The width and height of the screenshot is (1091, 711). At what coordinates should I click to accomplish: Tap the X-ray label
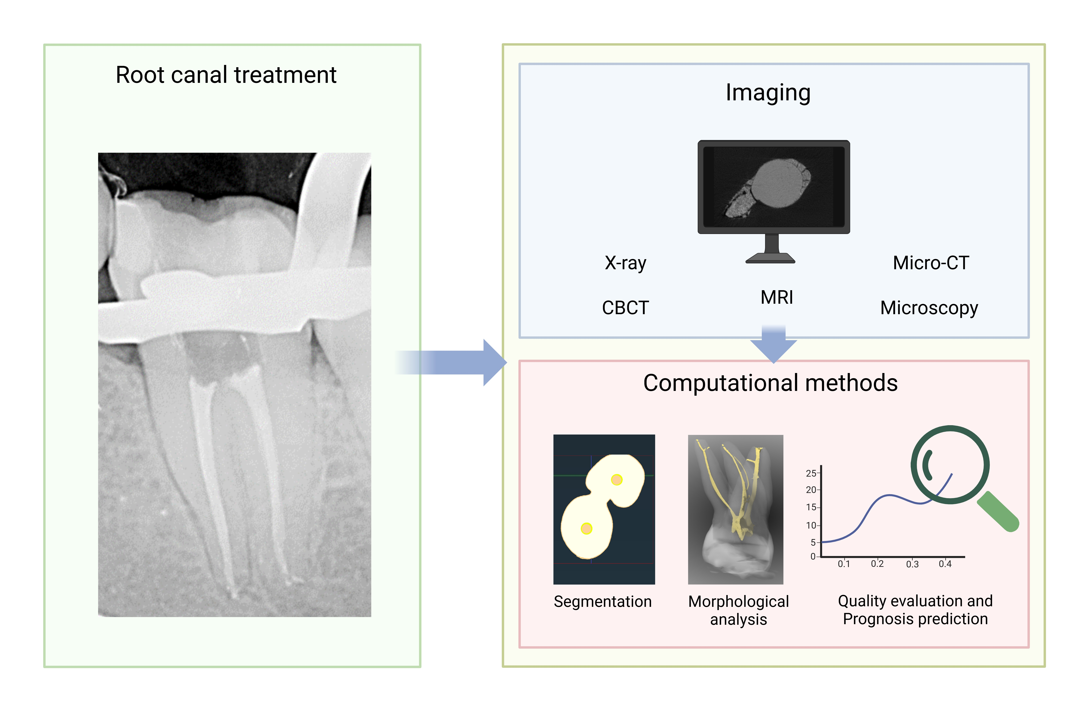point(625,263)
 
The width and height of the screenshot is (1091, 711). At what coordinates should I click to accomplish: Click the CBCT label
point(625,308)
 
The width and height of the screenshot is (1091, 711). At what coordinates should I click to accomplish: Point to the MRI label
point(777,297)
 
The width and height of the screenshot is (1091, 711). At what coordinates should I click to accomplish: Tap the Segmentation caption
point(602,602)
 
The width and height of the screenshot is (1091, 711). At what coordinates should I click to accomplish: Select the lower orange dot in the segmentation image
point(586,529)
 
